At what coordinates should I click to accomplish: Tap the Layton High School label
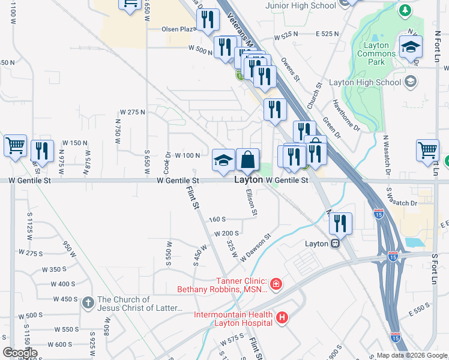coord(373,82)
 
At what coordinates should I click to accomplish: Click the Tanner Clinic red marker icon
coord(276,283)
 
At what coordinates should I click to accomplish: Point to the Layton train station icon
coord(335,244)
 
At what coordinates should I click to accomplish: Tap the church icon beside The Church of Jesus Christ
coord(88,304)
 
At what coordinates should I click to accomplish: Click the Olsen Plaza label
coord(179,29)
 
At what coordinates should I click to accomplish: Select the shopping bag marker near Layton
coord(247,160)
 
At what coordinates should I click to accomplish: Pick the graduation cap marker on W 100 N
coord(223,161)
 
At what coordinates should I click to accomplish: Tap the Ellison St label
coord(253,203)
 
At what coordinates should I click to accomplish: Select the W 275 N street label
coord(133,112)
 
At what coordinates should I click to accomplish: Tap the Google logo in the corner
coord(20,353)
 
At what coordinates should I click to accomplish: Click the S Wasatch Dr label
coord(402,203)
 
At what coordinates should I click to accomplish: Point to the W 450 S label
coord(65,299)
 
